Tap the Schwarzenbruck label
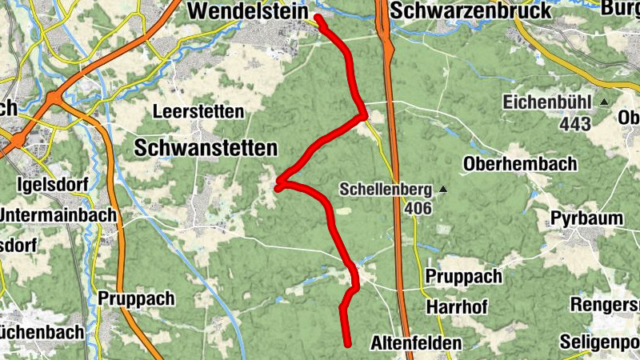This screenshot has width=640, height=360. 472,10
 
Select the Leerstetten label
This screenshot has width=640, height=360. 200,111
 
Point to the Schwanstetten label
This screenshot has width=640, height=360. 206,148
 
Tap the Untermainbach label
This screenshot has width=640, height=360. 58,215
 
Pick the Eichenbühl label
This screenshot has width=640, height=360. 546,102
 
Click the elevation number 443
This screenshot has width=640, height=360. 575,124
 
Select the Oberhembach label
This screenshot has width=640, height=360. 520,164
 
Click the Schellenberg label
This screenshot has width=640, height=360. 386,190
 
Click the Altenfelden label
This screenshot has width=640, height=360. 416,343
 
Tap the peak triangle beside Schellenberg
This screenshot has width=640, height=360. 441,190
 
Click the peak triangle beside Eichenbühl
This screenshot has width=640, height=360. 604,102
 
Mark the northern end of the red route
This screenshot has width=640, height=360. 318,18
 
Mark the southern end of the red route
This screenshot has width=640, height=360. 349,345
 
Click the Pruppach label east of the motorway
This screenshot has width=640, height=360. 464,277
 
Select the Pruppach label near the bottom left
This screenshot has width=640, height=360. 136,298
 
